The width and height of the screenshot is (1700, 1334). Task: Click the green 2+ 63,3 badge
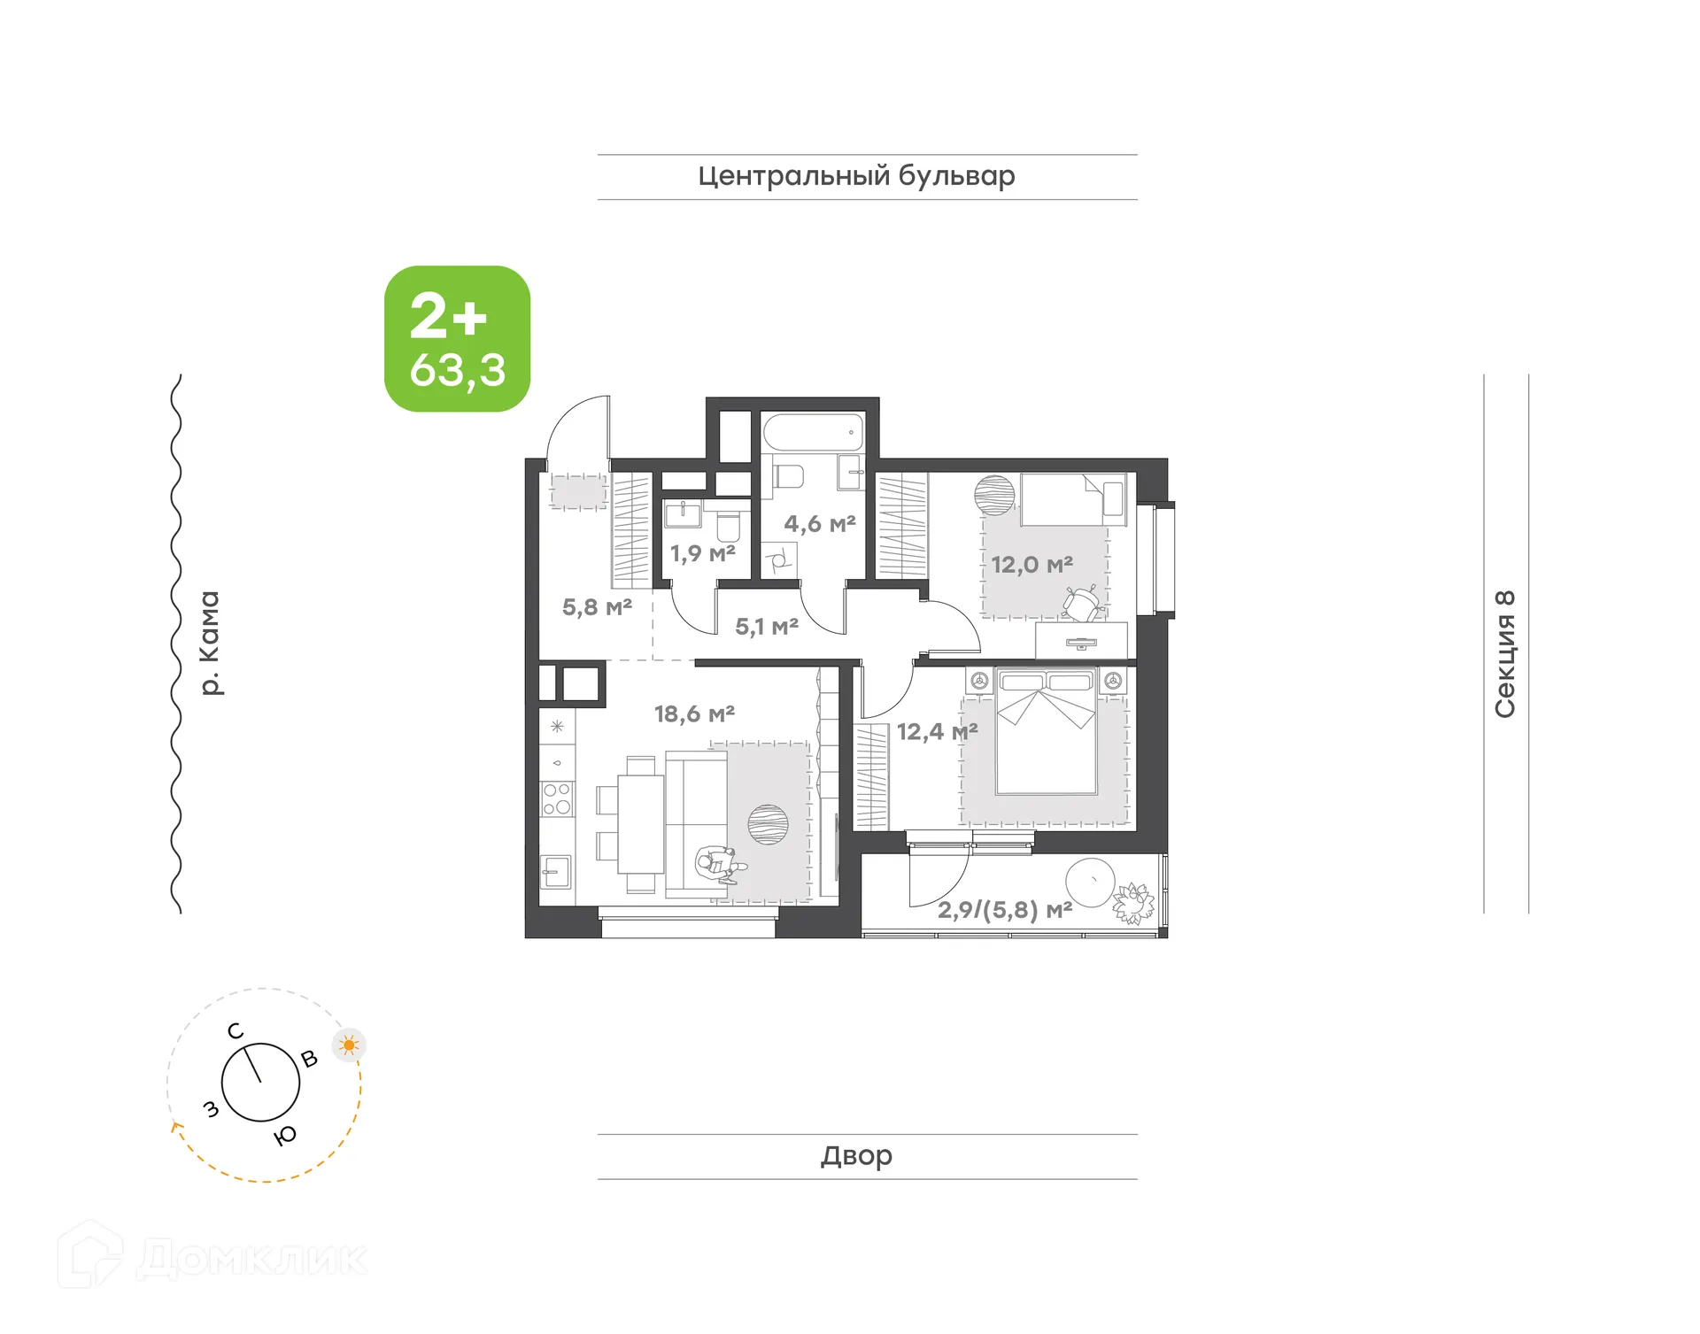tap(457, 339)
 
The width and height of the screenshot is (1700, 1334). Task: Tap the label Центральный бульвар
tap(856, 176)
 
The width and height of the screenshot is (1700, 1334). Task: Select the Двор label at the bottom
tap(856, 1155)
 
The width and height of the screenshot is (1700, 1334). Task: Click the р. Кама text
tap(209, 643)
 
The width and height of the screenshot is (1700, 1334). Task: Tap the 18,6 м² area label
tap(694, 713)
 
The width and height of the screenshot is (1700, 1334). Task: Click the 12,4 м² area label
tap(937, 732)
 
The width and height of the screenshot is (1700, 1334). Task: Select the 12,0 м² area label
tap(1032, 565)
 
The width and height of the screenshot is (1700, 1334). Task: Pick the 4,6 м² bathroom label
tap(819, 524)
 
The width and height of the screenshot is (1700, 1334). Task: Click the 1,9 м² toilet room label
tap(702, 554)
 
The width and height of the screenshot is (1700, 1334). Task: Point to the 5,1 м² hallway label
tap(767, 628)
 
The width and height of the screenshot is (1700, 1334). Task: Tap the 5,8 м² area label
tap(597, 607)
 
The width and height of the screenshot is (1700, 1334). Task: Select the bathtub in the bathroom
tap(813, 434)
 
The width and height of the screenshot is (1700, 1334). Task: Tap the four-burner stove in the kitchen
tap(557, 799)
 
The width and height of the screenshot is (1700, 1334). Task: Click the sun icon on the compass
tap(349, 1045)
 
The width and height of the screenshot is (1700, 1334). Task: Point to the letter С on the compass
tap(235, 1031)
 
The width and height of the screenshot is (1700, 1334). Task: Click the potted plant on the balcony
tap(1133, 904)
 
